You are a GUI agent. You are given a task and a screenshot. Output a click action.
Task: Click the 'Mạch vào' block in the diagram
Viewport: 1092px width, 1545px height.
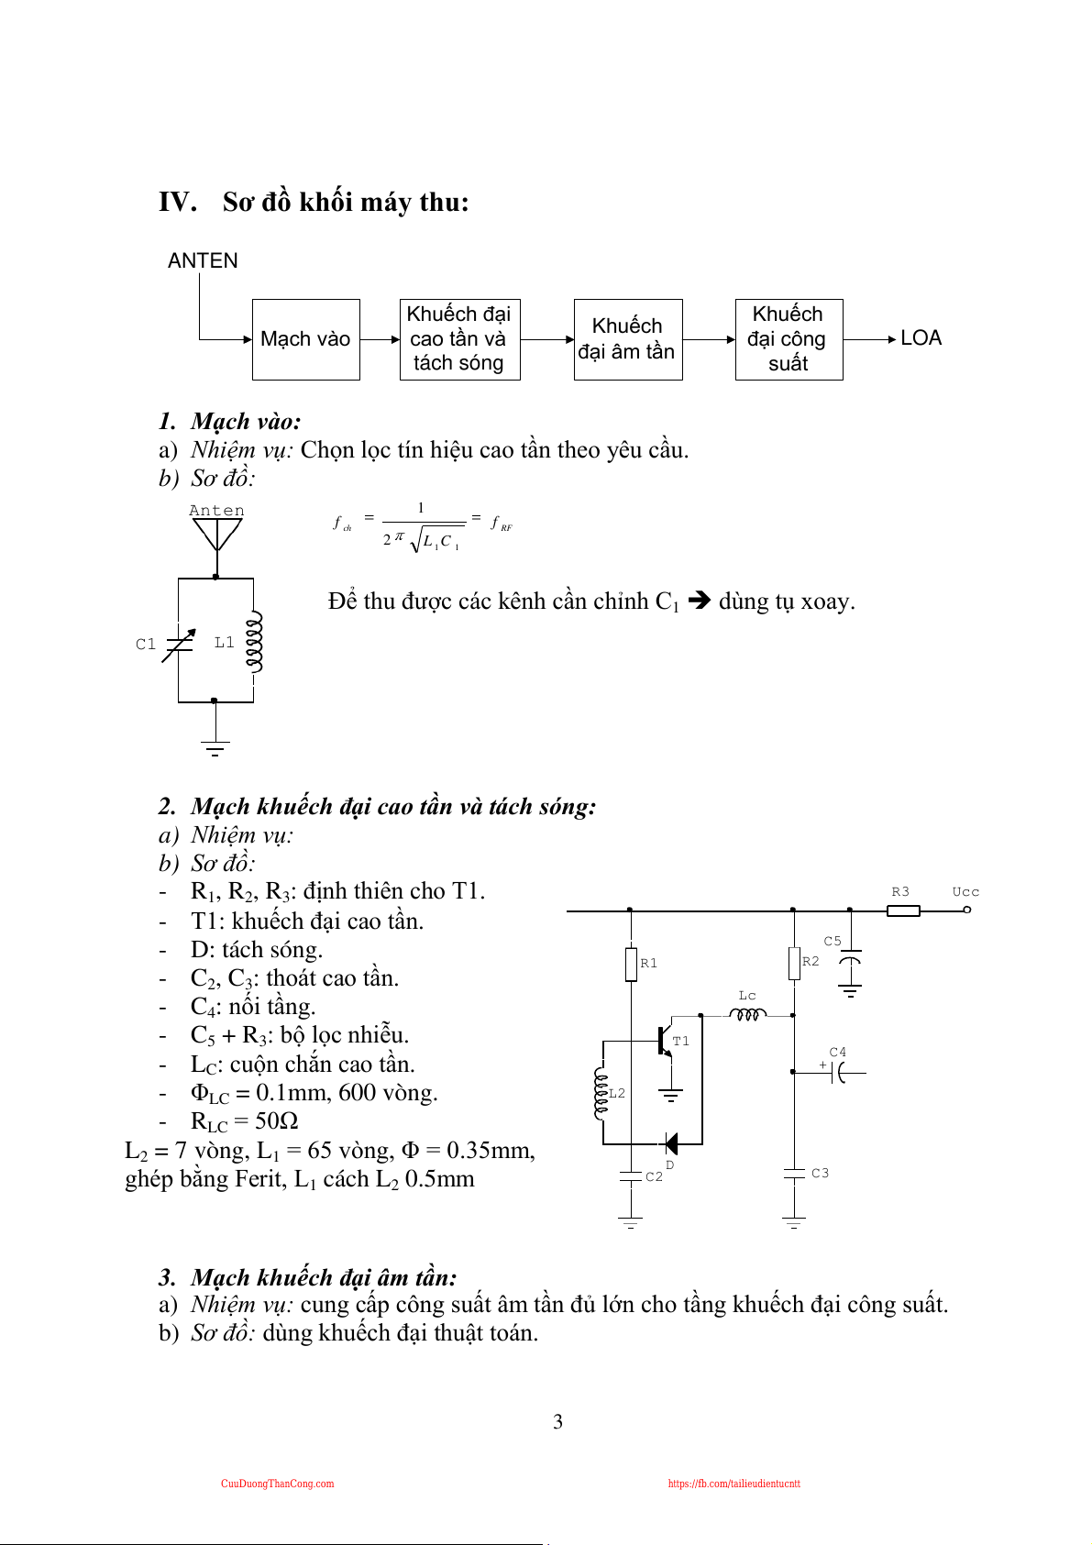pyautogui.click(x=305, y=339)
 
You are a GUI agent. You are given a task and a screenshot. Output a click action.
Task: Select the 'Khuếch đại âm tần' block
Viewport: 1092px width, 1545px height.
pyautogui.click(x=627, y=339)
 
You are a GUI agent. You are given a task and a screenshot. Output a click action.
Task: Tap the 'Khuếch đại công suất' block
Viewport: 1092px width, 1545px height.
pyautogui.click(x=789, y=339)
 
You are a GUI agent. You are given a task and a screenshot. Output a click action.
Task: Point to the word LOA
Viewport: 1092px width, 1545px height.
pyautogui.click(x=921, y=338)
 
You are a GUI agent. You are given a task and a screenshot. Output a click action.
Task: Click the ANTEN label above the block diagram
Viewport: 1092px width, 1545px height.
pyautogui.click(x=203, y=261)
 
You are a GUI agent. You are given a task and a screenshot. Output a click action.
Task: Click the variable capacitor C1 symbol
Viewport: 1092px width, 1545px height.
pyautogui.click(x=178, y=644)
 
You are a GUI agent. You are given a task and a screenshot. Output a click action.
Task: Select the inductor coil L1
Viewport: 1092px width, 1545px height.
pyautogui.click(x=255, y=641)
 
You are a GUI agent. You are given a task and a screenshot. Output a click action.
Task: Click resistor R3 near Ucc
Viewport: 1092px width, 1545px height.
pyautogui.click(x=903, y=910)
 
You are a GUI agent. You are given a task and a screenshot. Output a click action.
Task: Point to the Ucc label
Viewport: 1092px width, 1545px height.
pyautogui.click(x=965, y=892)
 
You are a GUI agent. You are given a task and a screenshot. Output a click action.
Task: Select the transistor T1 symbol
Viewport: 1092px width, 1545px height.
pyautogui.click(x=665, y=1041)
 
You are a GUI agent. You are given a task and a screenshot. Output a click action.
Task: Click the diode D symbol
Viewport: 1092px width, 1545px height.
pyautogui.click(x=671, y=1143)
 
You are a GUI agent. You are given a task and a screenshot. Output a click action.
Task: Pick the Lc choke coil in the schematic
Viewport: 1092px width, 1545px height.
pyautogui.click(x=747, y=1014)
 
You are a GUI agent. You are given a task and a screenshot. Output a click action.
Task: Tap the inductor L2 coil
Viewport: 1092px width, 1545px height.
pyautogui.click(x=601, y=1093)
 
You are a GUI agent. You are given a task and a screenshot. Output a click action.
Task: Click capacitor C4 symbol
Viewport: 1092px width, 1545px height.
pyautogui.click(x=837, y=1071)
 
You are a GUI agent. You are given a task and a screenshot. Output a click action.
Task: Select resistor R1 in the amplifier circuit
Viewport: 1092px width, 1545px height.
pyautogui.click(x=631, y=964)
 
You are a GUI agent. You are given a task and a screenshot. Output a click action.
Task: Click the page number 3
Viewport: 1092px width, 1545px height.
pyautogui.click(x=557, y=1422)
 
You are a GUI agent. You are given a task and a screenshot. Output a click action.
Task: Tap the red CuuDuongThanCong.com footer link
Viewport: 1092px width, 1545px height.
pyautogui.click(x=277, y=1484)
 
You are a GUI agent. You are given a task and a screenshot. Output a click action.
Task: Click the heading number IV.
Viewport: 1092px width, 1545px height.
pyautogui.click(x=177, y=202)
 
